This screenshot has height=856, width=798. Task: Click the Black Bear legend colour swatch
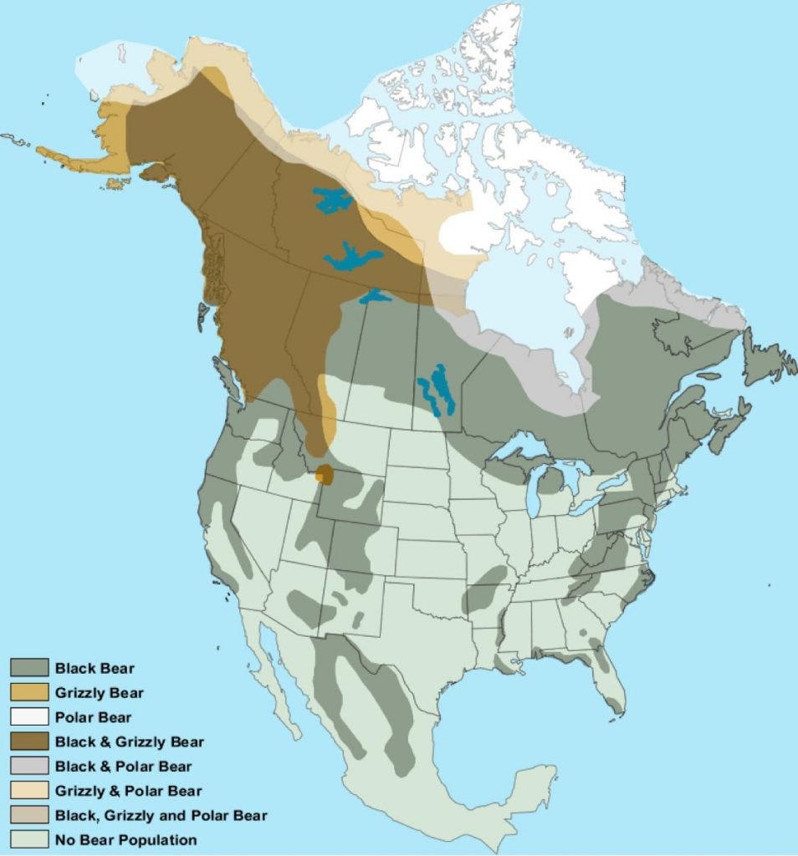[28, 667]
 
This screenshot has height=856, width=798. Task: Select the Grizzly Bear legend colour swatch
[28, 692]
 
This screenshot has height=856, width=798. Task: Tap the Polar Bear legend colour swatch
[28, 716]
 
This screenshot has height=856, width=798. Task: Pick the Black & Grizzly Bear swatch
[28, 741]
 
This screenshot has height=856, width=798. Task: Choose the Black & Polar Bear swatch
[28, 766]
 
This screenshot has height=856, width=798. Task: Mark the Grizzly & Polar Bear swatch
[28, 790]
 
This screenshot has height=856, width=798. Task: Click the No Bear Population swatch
[28, 838]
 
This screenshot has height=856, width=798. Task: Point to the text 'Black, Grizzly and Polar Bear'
[161, 815]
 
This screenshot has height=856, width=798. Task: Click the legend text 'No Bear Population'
[125, 839]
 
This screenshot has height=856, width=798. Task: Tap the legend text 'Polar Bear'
[93, 717]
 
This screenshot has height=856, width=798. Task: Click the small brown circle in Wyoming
[325, 476]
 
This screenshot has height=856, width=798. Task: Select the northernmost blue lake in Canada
[333, 200]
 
